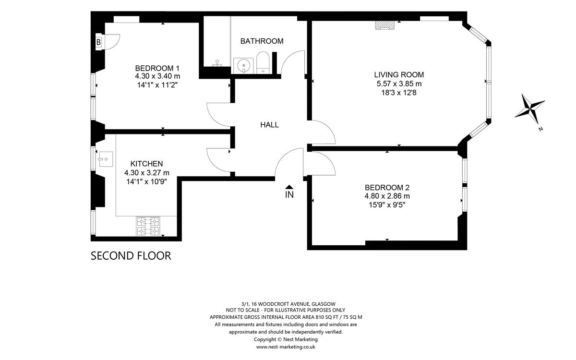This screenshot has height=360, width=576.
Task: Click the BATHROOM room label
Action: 262,41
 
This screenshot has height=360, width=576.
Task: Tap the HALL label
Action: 269,125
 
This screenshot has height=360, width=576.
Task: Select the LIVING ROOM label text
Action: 399,75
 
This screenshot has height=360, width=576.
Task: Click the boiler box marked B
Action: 99,42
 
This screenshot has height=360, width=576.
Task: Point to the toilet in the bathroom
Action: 263,62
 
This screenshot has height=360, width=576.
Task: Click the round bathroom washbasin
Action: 243,66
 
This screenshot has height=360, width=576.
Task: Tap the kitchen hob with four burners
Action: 148,226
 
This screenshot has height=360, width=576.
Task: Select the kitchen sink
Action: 106,159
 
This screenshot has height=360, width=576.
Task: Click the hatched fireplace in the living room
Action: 384,25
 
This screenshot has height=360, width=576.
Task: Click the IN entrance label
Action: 289,195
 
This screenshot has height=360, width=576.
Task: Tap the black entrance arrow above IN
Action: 289,187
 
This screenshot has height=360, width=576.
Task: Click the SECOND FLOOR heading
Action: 131,256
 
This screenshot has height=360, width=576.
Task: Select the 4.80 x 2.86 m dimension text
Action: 387,196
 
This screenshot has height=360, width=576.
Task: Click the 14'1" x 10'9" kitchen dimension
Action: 146,182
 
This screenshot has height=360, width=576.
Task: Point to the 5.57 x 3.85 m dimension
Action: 399,84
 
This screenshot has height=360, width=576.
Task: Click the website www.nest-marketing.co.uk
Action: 286,347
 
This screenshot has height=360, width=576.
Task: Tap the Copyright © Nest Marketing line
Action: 286,339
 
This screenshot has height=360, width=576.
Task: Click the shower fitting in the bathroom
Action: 217,63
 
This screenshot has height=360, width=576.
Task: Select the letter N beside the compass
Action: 541,129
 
